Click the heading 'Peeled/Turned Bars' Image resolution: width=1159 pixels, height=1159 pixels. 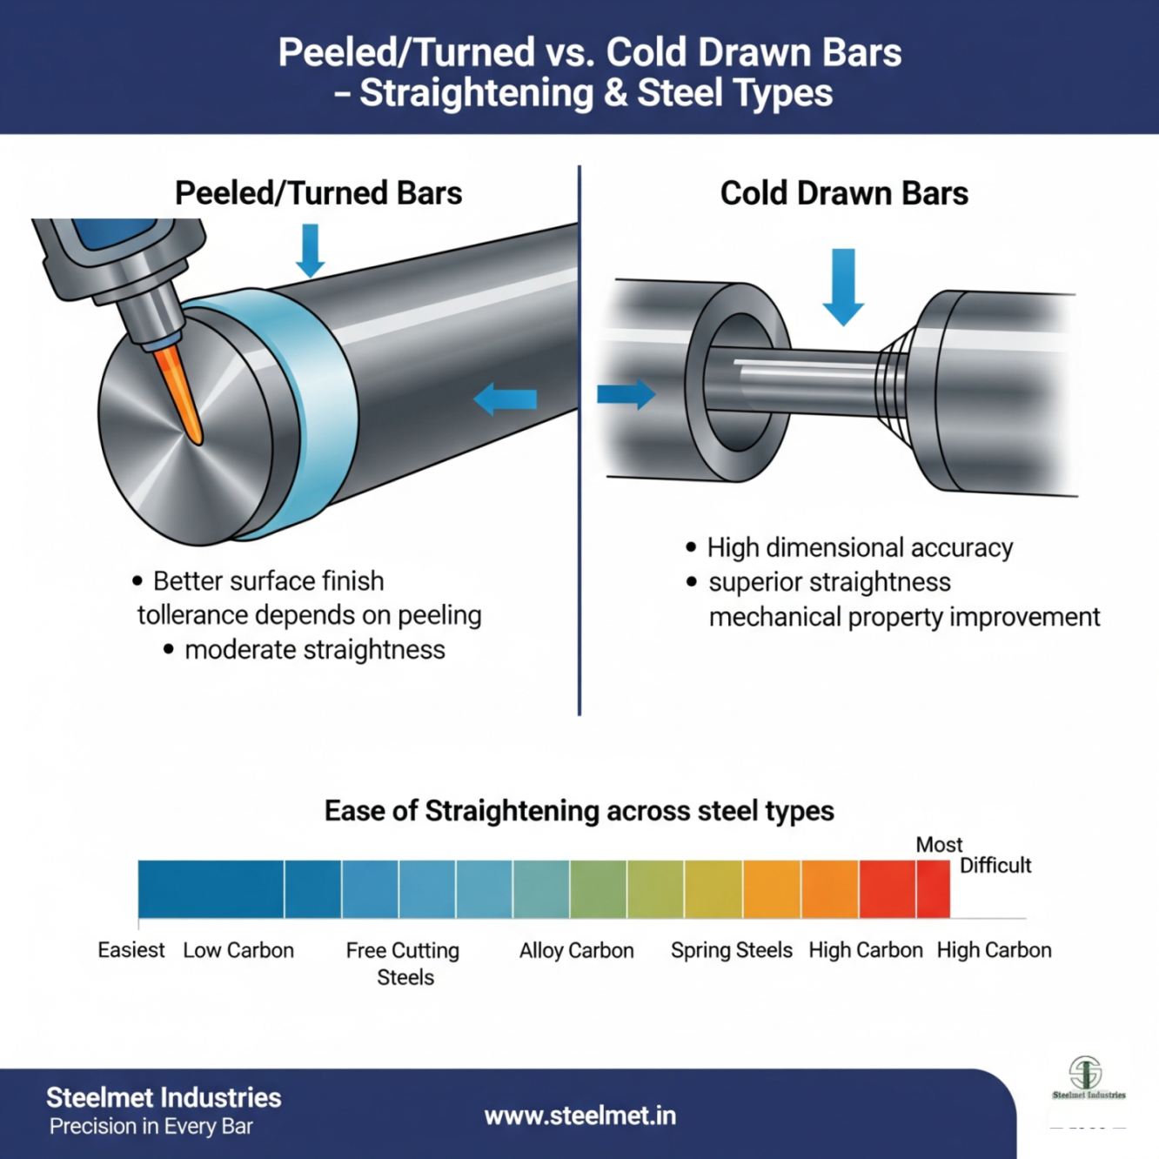318,193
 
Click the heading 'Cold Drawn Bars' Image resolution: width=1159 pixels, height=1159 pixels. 844,193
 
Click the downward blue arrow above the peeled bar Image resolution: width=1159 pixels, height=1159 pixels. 310,251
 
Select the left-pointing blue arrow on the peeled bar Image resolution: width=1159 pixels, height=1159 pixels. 506,399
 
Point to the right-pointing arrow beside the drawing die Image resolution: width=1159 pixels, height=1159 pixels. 626,394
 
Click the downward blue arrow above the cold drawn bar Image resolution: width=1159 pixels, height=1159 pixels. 842,286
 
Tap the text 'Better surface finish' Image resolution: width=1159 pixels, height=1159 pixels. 268,581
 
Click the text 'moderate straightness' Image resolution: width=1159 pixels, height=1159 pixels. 314,650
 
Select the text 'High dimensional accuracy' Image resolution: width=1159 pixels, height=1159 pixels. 860,548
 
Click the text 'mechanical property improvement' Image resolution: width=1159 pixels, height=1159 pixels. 904,617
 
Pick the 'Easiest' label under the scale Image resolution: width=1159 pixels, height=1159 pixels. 131,950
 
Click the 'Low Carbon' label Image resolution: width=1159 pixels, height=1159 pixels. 238,950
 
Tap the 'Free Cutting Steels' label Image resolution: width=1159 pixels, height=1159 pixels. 403,963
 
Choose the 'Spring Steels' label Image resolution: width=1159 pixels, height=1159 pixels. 731,950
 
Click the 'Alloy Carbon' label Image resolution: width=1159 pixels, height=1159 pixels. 576,950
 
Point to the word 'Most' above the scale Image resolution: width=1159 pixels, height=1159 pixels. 939,845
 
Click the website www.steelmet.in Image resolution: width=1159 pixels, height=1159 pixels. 579,1115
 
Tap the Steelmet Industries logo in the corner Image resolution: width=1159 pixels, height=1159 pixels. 1087,1079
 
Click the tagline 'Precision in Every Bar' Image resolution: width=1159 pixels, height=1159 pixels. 151,1127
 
